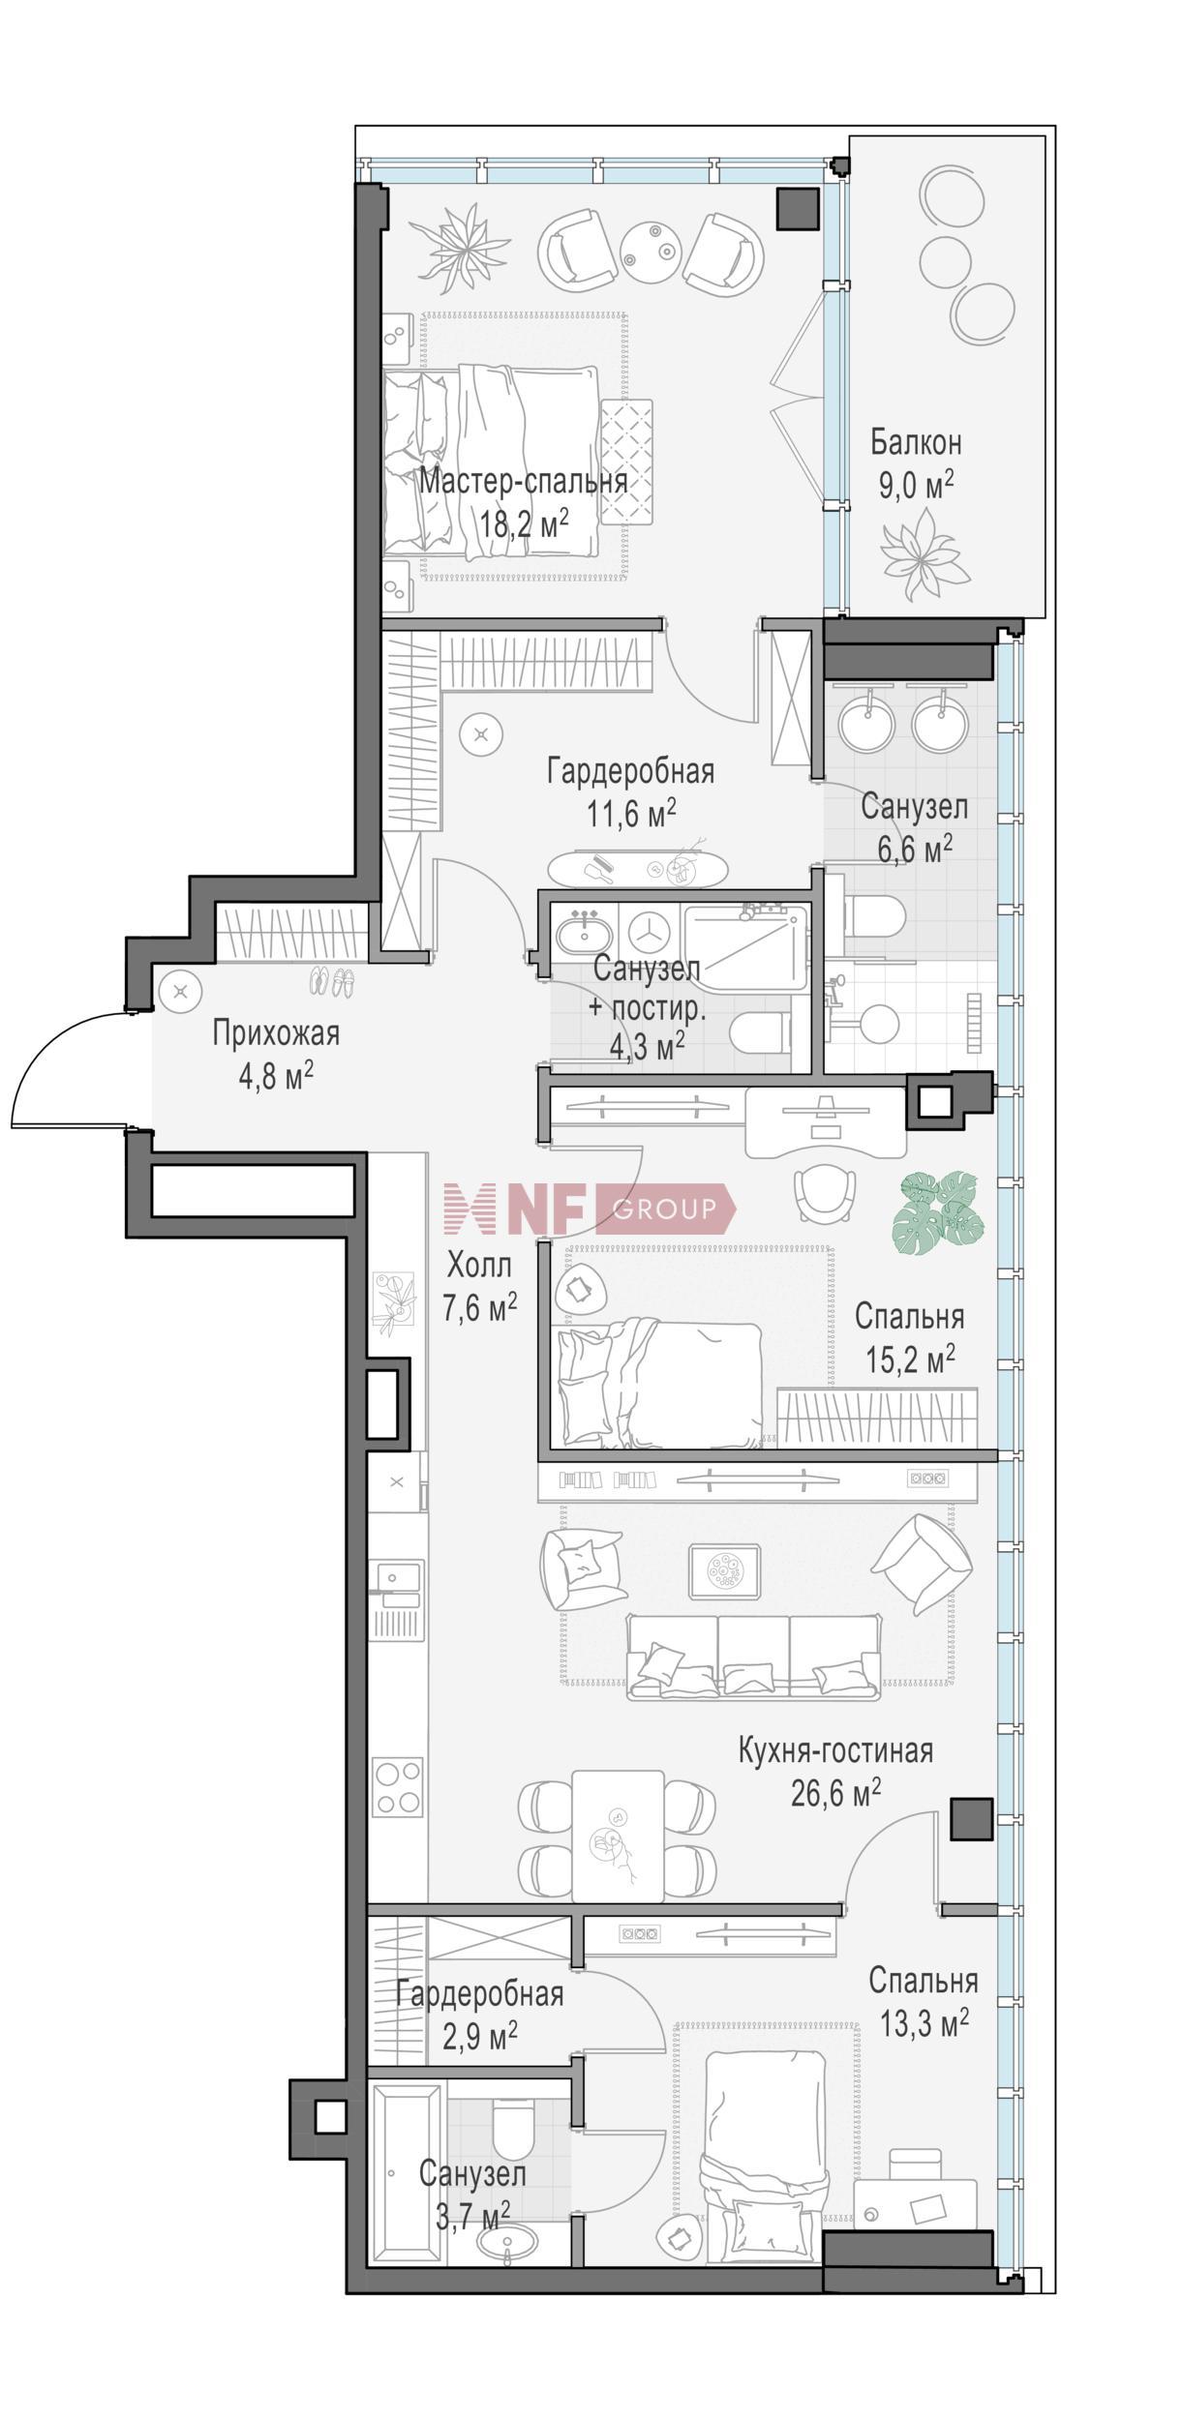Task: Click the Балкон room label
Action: point(915,443)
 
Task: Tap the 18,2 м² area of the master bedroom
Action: point(523,525)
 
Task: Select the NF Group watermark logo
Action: point(590,1209)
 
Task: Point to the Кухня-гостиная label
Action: point(835,1750)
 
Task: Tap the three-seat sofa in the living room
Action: point(754,1657)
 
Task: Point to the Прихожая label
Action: point(276,1033)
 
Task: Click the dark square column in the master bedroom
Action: point(799,208)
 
